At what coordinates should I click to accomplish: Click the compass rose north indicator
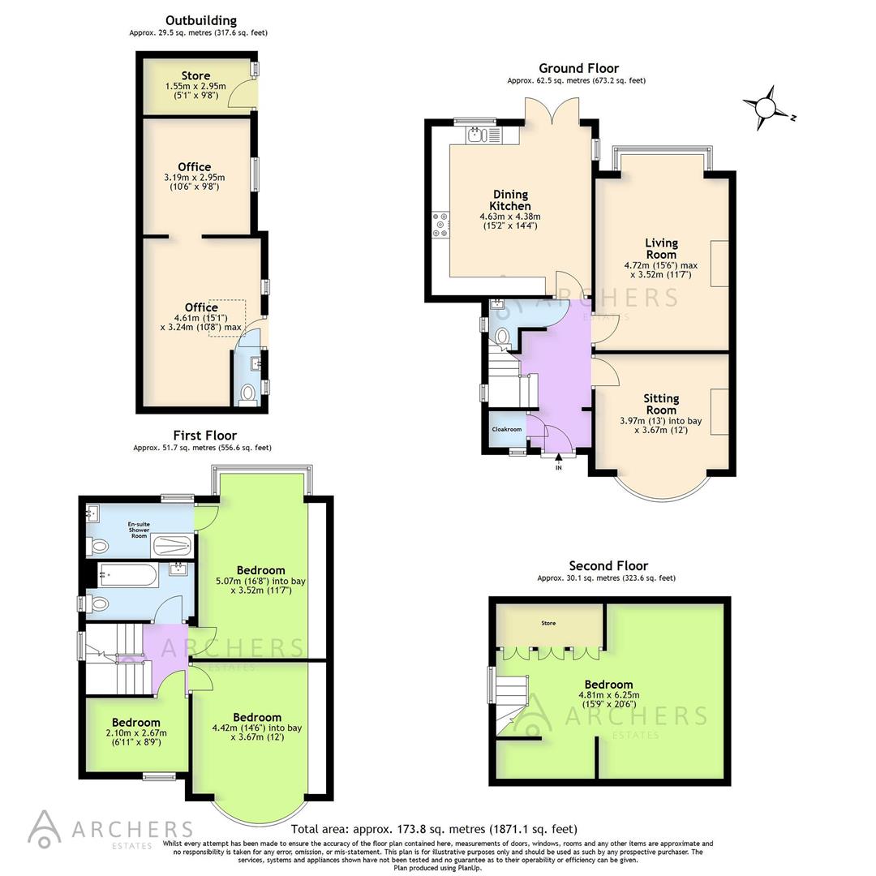(764, 108)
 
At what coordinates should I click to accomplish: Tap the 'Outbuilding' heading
(201, 20)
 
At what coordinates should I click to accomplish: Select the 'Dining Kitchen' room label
(510, 200)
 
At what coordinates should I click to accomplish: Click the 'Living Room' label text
(661, 248)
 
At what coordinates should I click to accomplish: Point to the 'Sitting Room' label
(661, 404)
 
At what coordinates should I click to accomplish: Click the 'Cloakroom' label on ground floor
(507, 429)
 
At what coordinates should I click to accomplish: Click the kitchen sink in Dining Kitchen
(479, 135)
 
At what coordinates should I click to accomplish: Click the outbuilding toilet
(248, 395)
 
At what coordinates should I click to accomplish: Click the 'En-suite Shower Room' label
(139, 530)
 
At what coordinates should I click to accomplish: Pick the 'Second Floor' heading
(608, 565)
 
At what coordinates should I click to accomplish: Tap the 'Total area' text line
(434, 829)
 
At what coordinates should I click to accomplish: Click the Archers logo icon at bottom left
(44, 827)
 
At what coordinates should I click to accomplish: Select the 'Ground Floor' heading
(578, 68)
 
